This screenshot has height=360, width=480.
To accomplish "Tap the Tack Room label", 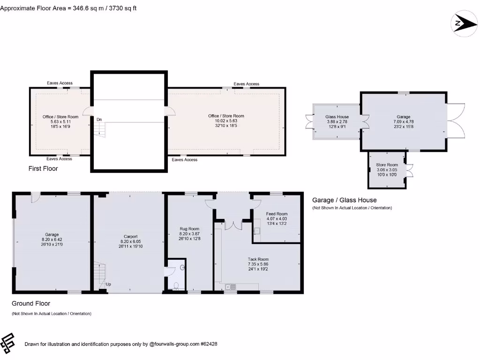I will tap(258, 259).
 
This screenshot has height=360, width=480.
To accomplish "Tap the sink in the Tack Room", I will tap(230, 286).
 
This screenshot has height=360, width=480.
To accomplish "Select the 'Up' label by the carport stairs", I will tap(108, 285).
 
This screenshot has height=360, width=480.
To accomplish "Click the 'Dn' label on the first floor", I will tap(99, 120).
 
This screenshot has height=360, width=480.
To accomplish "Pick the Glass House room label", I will tap(337, 117).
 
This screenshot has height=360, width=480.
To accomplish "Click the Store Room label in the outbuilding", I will tap(387, 165).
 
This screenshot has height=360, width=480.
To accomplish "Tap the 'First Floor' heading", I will tap(43, 168).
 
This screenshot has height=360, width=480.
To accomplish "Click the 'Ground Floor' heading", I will tap(31, 303).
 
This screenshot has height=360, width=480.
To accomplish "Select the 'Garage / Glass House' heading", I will tap(344, 200).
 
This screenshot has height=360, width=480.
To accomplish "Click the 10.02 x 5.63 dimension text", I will tap(226, 121).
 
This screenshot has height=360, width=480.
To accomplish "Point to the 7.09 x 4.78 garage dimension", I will tap(403, 122).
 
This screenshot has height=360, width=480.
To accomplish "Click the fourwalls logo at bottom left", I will tap(8, 344).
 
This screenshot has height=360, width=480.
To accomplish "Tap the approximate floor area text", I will tap(68, 8).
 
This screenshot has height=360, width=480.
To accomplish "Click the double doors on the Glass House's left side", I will tap(308, 122).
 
